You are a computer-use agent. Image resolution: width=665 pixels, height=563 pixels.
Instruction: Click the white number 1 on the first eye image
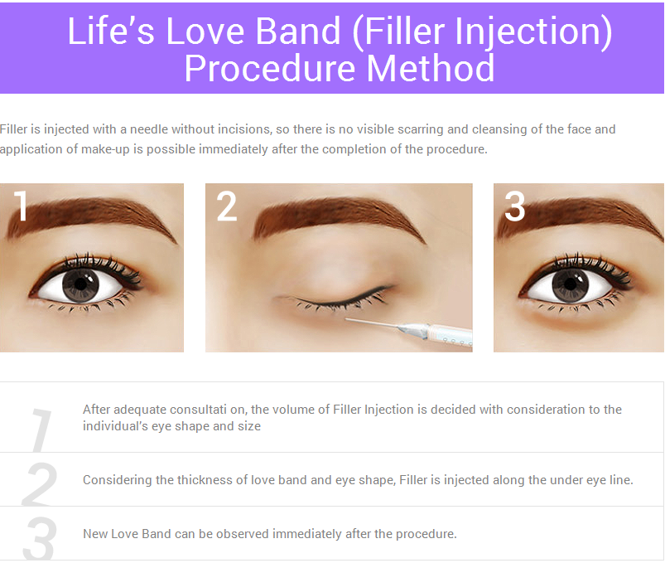(x=21, y=207)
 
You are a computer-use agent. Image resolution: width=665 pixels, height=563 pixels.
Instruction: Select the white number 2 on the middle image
(x=227, y=207)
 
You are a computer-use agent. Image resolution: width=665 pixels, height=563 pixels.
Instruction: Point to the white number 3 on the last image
(x=514, y=207)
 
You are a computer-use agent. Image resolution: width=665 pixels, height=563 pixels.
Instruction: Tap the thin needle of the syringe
(x=369, y=322)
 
